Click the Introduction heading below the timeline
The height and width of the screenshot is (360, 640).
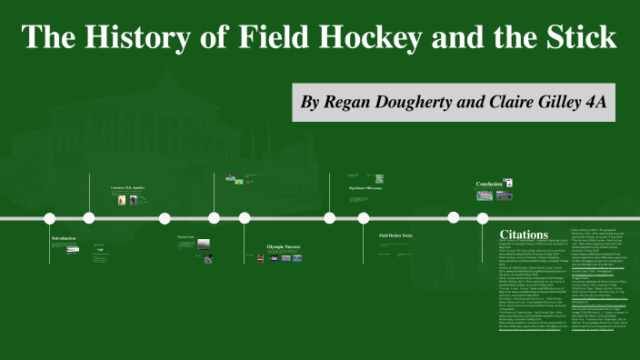point(65,238)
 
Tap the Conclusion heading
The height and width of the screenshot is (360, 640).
point(489,184)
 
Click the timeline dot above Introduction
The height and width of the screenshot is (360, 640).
point(50,218)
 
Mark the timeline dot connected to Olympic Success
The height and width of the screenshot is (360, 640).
point(245,218)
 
